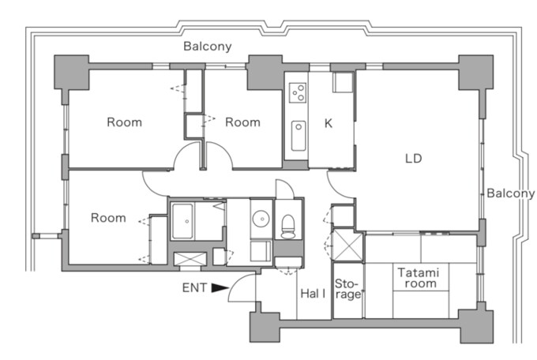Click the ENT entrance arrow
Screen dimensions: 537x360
point(220,288)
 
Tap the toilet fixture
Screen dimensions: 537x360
point(287,226)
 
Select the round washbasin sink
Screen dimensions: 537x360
point(261,218)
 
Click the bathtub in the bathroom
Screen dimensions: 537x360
point(182,221)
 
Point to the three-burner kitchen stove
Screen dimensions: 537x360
point(298,92)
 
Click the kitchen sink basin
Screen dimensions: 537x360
point(299,136)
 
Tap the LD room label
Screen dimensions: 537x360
point(413,158)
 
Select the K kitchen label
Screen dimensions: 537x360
point(328,123)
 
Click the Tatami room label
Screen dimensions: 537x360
point(419,278)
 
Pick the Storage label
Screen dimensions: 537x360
point(348,289)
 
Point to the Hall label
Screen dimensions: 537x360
point(313,294)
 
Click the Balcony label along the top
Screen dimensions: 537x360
point(208,47)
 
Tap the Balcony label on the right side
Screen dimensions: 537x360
point(511,193)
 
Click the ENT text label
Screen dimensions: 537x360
point(194,287)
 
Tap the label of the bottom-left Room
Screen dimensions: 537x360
point(108,218)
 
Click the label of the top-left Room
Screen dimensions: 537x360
point(124,122)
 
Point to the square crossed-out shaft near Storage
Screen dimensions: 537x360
point(347,245)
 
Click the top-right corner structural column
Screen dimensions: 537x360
point(476,73)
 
